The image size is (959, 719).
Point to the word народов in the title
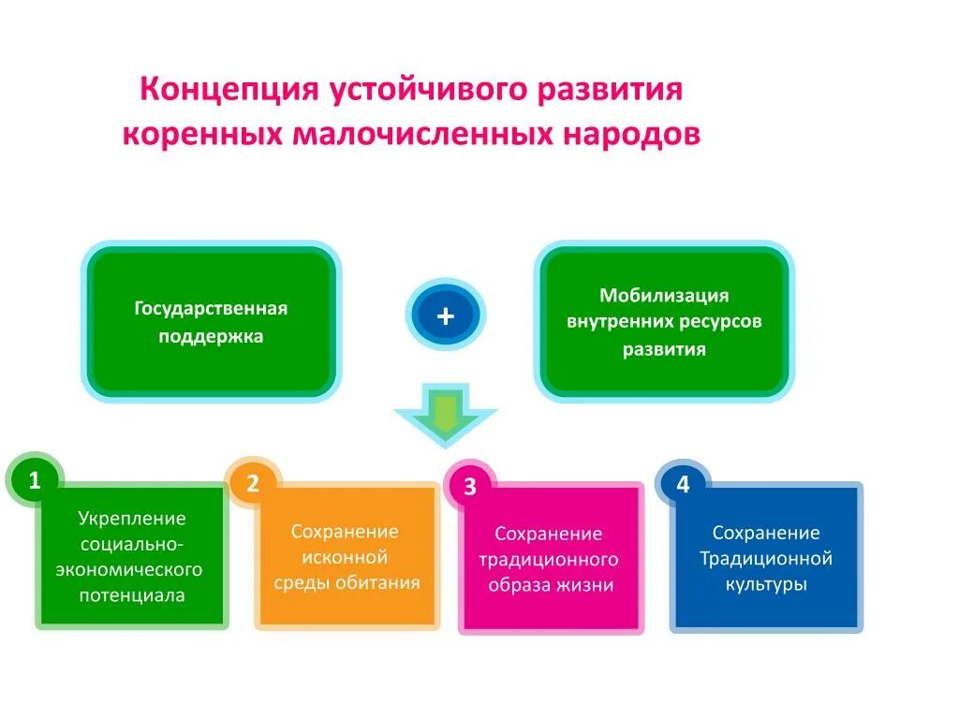(630, 134)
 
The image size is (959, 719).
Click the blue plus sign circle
(446, 316)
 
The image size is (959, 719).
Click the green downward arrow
(445, 413)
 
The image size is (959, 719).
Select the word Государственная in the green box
(211, 308)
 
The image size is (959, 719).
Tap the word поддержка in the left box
(211, 336)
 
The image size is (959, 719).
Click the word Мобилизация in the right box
(664, 296)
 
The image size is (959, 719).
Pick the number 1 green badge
(35, 481)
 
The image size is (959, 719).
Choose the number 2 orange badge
(253, 483)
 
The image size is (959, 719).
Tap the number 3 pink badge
(470, 487)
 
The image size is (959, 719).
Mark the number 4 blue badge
(683, 484)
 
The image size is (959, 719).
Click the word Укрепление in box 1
(132, 518)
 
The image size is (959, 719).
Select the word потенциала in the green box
(132, 594)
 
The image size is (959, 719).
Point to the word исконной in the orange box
(345, 557)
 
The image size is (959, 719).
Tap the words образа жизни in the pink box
(550, 586)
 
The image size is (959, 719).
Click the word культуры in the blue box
(766, 584)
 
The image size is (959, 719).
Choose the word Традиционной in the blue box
(766, 559)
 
